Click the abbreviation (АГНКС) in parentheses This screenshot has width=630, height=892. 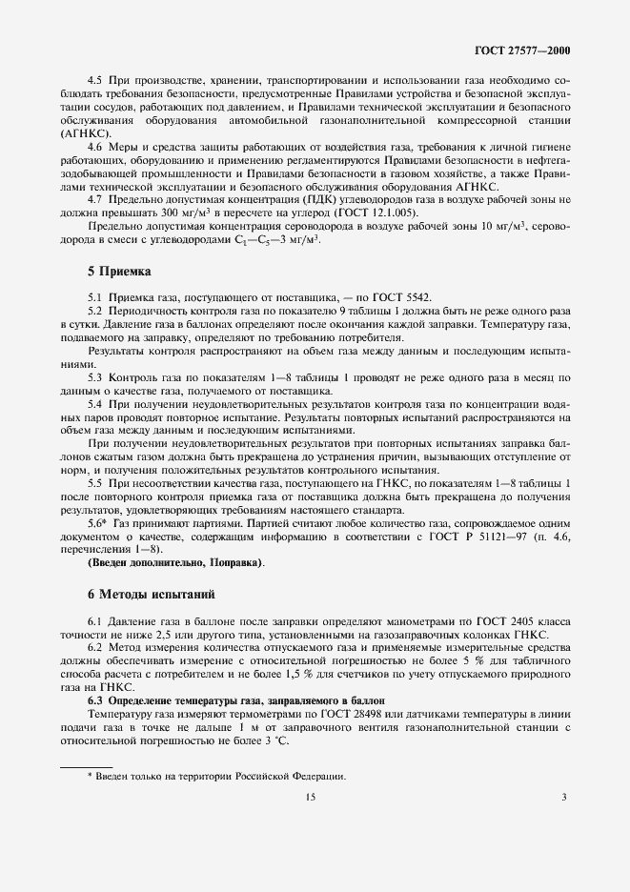pos(85,133)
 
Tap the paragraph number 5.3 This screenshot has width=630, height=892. pos(94,378)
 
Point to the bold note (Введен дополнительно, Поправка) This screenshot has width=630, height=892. pos(175,563)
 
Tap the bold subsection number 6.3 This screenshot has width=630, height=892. pos(95,700)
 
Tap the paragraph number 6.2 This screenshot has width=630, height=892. pos(94,648)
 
